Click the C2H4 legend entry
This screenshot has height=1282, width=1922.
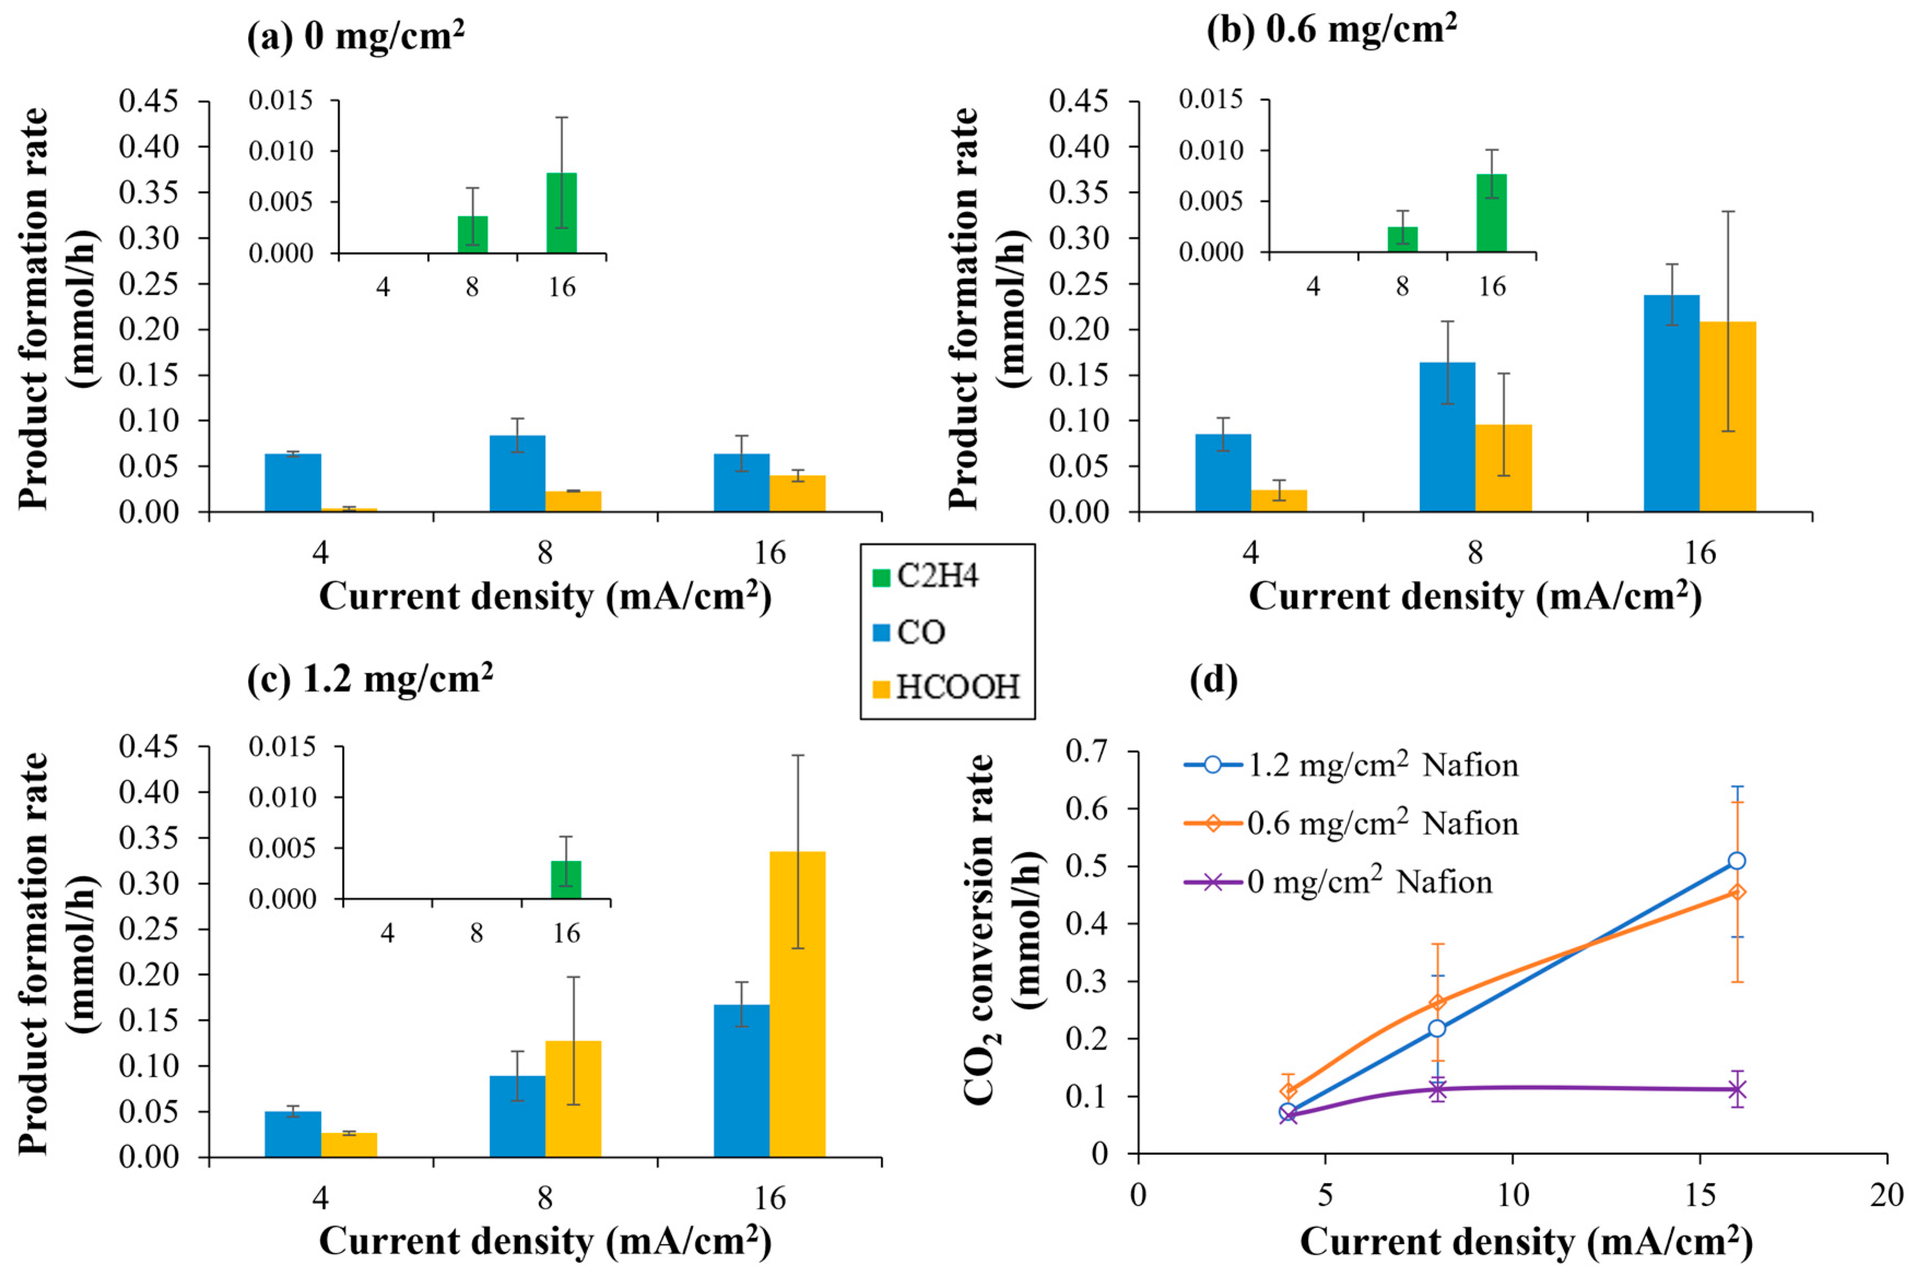[x=936, y=577]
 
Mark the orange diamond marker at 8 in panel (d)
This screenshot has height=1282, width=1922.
[x=1437, y=1002]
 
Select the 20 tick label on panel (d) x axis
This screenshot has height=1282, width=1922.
[x=1886, y=1195]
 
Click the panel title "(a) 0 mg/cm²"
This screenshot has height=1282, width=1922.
[x=356, y=36]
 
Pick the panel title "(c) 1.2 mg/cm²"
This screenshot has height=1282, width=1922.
[x=370, y=679]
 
